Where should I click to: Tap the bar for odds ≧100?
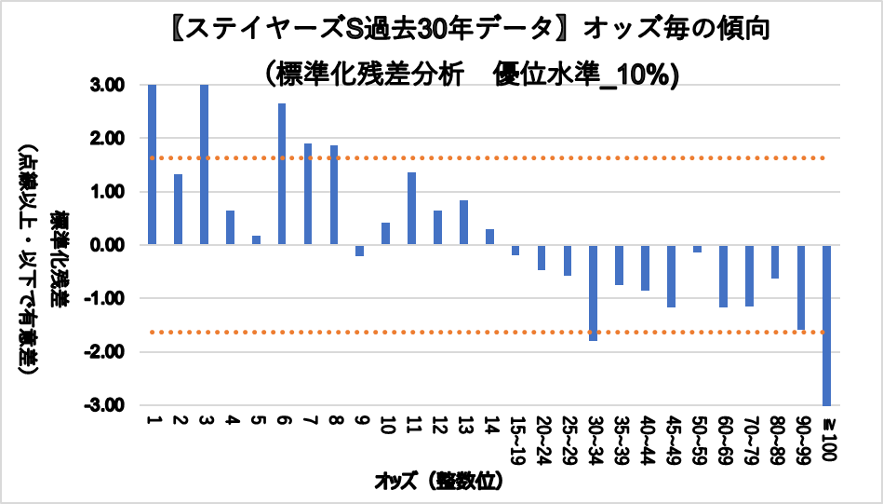(826, 325)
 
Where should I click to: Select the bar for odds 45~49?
(671, 276)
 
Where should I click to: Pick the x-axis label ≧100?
(826, 438)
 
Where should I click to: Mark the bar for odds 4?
(230, 227)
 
